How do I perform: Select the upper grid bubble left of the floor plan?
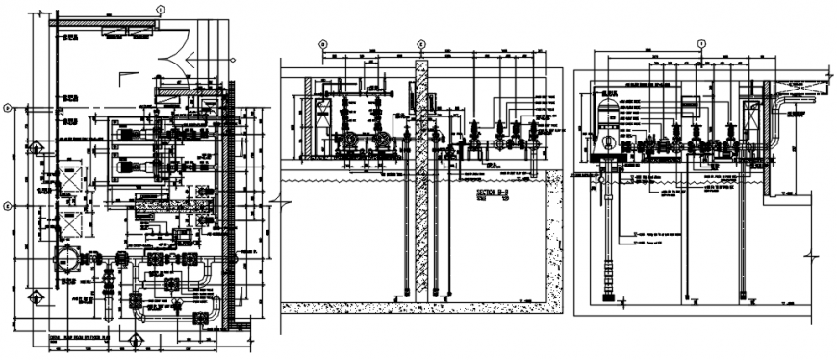8,108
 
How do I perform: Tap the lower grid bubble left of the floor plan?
8,205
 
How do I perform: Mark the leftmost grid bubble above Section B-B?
323,44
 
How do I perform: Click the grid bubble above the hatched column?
420,44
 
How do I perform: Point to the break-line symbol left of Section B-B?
276,202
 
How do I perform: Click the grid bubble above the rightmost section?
701,43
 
